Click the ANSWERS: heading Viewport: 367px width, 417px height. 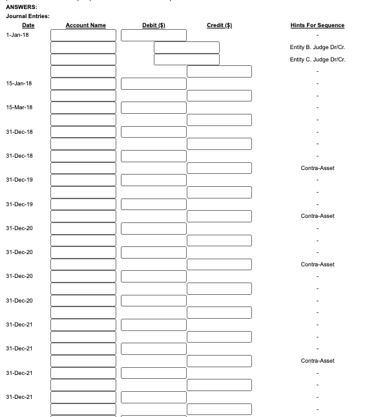(21, 7)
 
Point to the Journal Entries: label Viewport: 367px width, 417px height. (28, 16)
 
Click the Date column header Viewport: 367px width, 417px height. (28, 25)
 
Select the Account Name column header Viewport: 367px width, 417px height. (85, 25)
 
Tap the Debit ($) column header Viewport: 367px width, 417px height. (154, 25)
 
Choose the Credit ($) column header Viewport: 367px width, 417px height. (219, 25)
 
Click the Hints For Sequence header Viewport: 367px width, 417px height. (317, 25)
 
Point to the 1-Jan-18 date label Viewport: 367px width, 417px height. (17, 35)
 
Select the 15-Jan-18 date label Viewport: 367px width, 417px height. (19, 83)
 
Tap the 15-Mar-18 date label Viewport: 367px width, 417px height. (19, 107)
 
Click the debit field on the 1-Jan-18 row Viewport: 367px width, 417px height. (154, 35)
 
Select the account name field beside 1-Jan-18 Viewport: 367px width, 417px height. (83, 35)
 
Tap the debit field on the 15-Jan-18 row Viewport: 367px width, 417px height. (154, 83)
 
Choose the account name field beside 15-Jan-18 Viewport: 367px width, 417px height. (83, 83)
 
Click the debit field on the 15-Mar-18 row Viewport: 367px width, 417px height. (154, 107)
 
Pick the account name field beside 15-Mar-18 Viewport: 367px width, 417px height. (83, 107)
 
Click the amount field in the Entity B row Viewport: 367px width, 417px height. (186, 47)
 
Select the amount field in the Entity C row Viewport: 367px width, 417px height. (186, 59)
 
